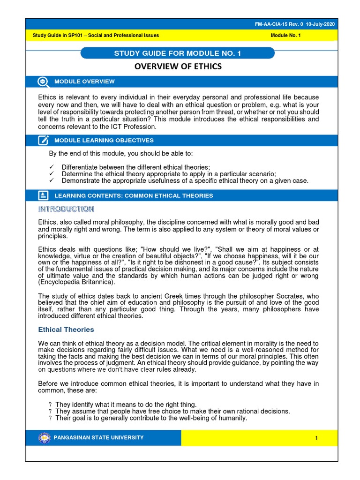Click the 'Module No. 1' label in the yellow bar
pyautogui.click(x=287, y=35)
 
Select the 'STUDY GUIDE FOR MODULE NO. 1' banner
pyautogui.click(x=178, y=53)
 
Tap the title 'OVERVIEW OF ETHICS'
pyautogui.click(x=178, y=67)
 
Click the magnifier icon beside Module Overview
pyautogui.click(x=43, y=82)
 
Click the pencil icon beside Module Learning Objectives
pyautogui.click(x=43, y=140)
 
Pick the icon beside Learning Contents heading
pyautogui.click(x=43, y=195)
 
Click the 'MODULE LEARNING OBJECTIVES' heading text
pyautogui.click(x=104, y=140)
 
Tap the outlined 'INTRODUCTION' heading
pyautogui.click(x=66, y=209)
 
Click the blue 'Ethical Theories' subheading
pyautogui.click(x=66, y=330)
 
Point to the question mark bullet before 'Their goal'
pyautogui.click(x=50, y=418)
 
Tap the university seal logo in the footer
pyautogui.click(x=44, y=438)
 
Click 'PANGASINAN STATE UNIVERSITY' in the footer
pyautogui.click(x=99, y=438)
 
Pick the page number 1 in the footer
pyautogui.click(x=316, y=438)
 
